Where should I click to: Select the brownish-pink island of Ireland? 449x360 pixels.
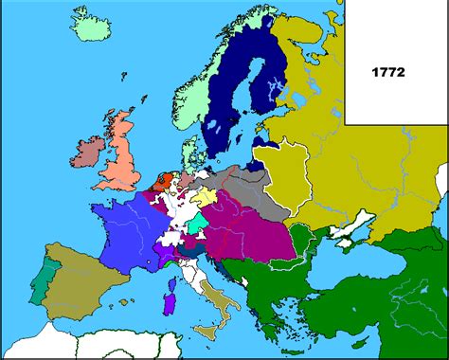(87, 153)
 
